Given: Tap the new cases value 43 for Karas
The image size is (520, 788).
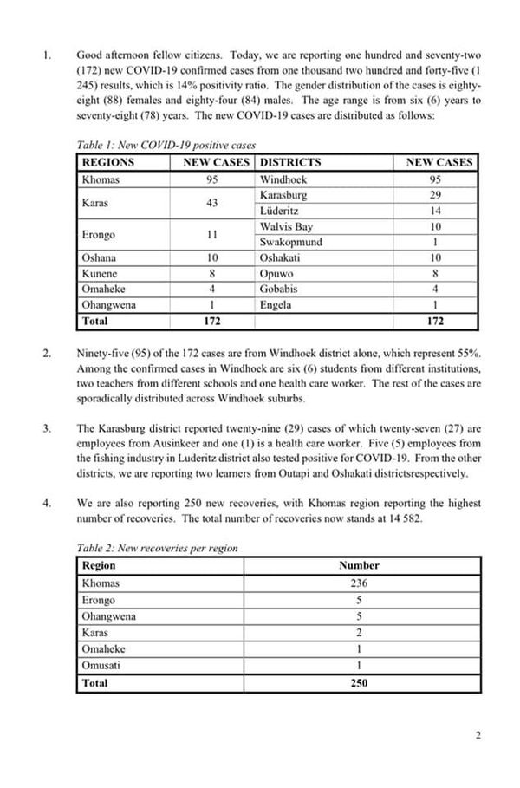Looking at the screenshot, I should (212, 203).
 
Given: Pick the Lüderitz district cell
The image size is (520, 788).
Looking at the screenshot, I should (278, 211).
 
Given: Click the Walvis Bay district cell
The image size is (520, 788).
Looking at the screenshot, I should (286, 226).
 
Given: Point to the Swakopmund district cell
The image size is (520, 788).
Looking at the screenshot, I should (291, 242).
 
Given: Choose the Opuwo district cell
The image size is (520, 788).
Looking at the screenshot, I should (276, 273).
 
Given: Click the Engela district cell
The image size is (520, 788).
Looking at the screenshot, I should (276, 304).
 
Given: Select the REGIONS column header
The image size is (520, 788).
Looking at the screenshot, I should (108, 162).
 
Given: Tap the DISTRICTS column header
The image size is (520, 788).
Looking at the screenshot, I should (290, 162).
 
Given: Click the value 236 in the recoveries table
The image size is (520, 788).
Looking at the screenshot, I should (359, 583).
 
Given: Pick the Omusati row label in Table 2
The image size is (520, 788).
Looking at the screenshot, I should (101, 665).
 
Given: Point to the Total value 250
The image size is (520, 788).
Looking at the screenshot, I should (359, 682).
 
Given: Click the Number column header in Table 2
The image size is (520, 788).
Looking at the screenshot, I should (359, 565).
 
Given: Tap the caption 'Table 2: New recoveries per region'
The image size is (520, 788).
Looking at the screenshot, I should (157, 548).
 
